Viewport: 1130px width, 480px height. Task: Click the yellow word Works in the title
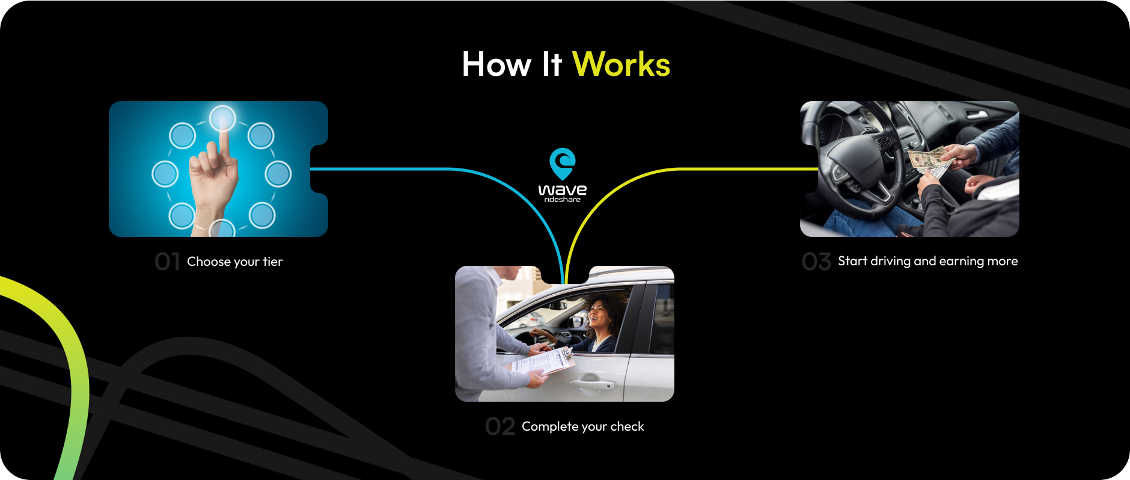point(621,64)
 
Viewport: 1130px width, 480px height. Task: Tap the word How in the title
point(496,64)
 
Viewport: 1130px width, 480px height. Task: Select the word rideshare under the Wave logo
point(563,200)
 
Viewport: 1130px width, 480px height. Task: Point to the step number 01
point(167,262)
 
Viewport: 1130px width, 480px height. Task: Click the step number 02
point(500,426)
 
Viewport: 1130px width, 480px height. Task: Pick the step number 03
point(816,262)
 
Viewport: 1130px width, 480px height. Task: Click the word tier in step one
point(272,262)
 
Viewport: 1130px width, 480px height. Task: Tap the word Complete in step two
point(550,426)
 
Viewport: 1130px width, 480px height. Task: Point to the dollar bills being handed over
point(929,161)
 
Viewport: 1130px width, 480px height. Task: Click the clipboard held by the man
point(543,362)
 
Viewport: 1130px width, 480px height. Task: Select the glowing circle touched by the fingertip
point(222,118)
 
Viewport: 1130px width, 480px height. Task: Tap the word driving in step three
point(891,261)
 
